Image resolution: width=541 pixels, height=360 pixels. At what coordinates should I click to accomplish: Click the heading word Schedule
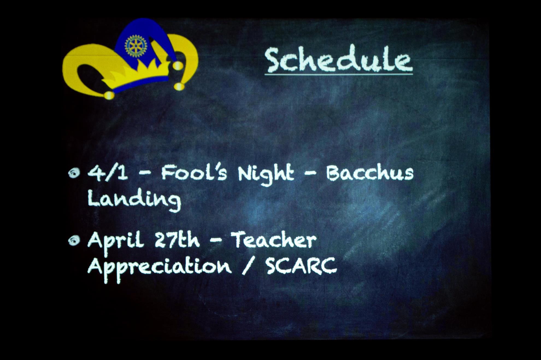339,59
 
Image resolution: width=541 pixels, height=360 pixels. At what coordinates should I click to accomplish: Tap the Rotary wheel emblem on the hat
136,46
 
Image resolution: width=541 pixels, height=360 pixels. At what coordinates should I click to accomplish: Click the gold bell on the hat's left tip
109,95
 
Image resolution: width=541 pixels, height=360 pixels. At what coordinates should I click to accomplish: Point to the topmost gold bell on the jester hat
178,65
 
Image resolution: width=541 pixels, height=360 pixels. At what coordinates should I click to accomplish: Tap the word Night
266,174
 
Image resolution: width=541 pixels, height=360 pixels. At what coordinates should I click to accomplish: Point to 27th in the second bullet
177,240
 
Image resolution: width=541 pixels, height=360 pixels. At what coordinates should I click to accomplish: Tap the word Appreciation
159,268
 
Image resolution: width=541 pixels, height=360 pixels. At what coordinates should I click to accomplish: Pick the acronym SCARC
301,266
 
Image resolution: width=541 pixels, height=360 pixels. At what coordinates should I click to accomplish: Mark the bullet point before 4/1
74,173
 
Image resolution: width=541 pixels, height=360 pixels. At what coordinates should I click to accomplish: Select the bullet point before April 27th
74,241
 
